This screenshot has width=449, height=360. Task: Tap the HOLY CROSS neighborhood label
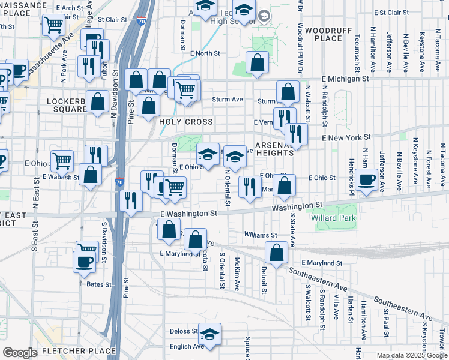pos(185,122)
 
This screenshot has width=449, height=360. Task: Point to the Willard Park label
pos(333,218)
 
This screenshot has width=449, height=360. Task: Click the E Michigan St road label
pos(345,79)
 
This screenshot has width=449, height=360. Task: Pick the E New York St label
pos(346,137)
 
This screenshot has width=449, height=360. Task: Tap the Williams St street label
pos(261,235)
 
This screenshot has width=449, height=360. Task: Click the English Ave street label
pos(187,346)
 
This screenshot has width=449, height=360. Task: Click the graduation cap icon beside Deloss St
pos(210,334)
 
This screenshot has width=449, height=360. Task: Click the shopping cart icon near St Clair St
pos(54,25)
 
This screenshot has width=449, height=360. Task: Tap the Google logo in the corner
pos(20,353)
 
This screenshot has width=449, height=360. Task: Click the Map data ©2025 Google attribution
pos(411,355)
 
